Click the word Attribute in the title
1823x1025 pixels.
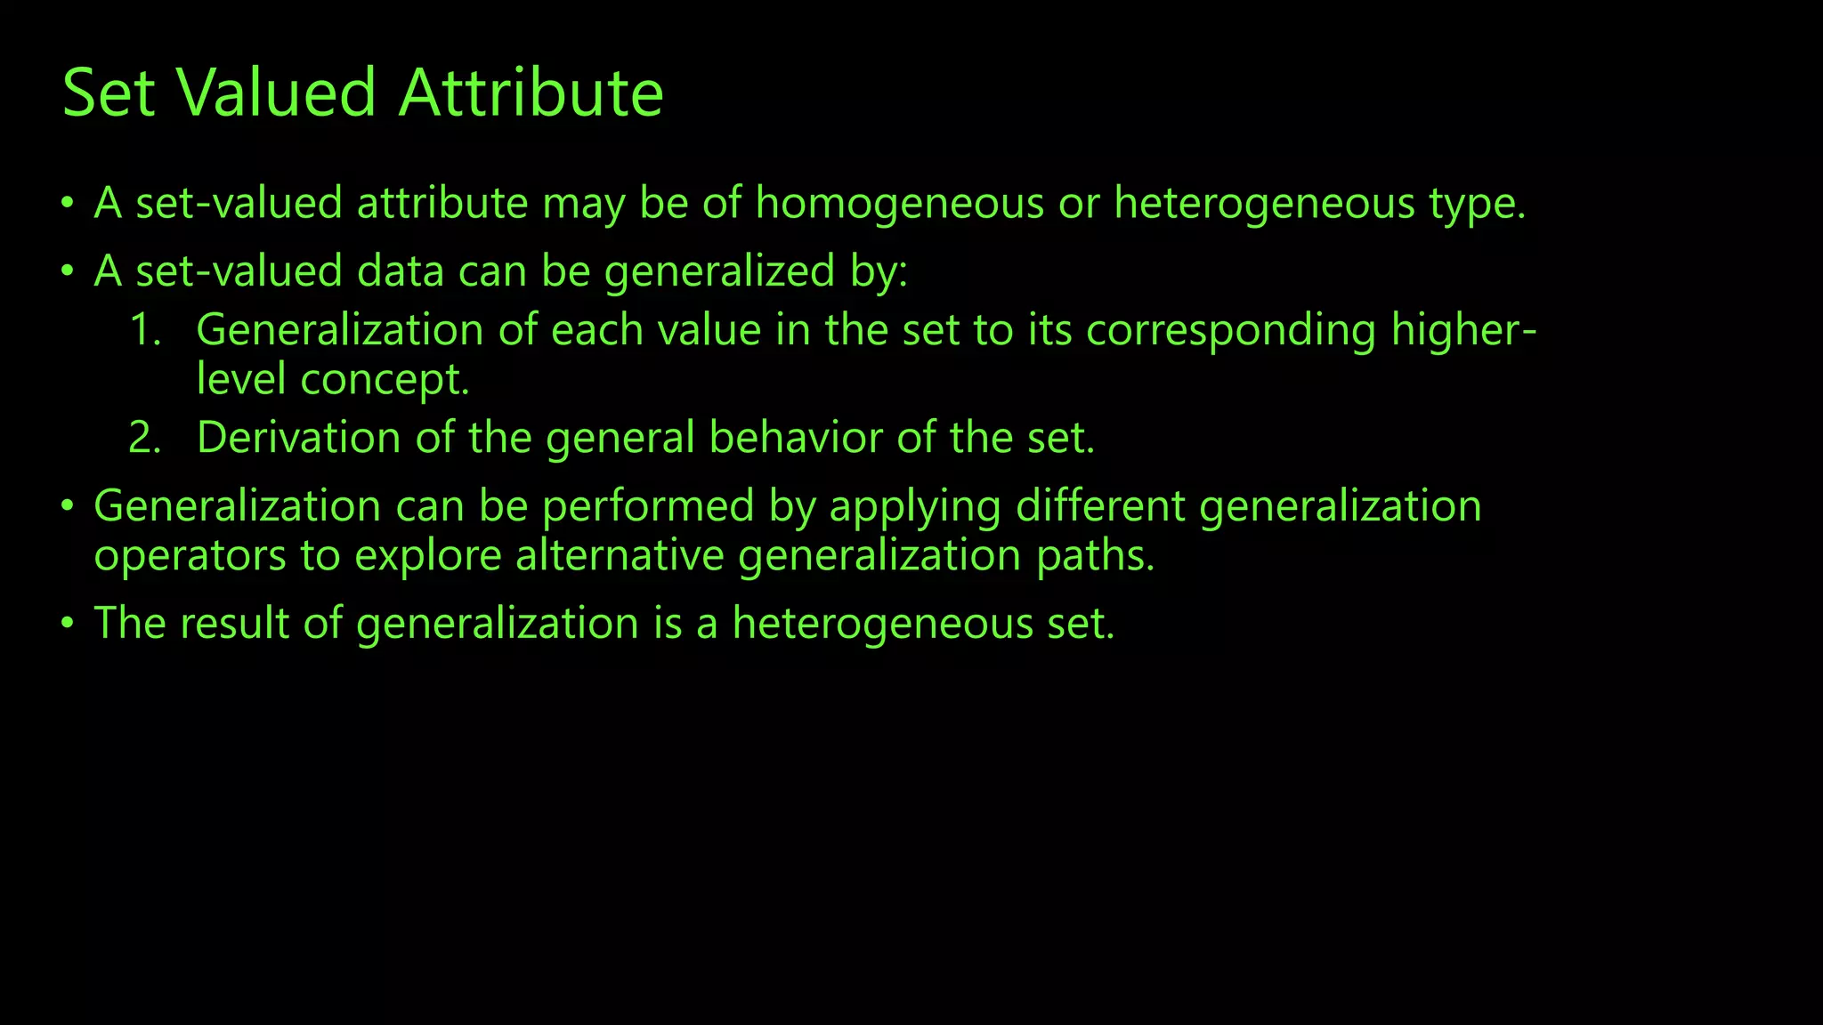coord(531,93)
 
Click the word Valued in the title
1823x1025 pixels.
coord(276,93)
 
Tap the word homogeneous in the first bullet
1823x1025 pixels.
coord(899,203)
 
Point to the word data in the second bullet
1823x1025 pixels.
coord(400,270)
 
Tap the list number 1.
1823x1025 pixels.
coord(145,330)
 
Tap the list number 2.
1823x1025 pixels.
coord(145,438)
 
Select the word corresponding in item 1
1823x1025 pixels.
coord(1231,331)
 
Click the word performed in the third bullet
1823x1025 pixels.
coord(648,507)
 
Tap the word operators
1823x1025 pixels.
coord(189,557)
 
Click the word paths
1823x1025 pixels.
coord(1094,555)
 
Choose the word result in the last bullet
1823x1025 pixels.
coord(234,623)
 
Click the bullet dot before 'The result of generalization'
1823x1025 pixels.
coord(68,623)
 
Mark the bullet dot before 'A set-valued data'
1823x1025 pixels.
coord(68,271)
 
